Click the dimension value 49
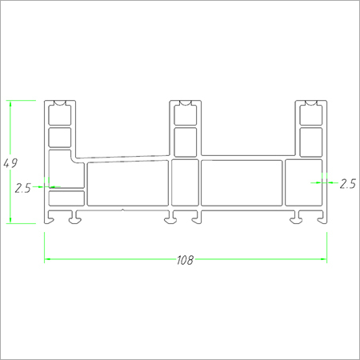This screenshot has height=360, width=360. [11, 163]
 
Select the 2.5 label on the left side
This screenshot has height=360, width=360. [22, 189]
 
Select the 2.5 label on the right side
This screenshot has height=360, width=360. [347, 183]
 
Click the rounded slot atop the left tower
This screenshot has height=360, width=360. [60, 104]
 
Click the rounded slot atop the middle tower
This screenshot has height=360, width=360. [185, 104]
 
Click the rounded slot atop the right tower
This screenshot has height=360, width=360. [310, 104]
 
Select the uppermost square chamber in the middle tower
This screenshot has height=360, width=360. [185, 117]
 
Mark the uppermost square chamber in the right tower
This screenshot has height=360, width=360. [310, 117]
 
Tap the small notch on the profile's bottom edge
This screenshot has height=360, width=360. [122, 211]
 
